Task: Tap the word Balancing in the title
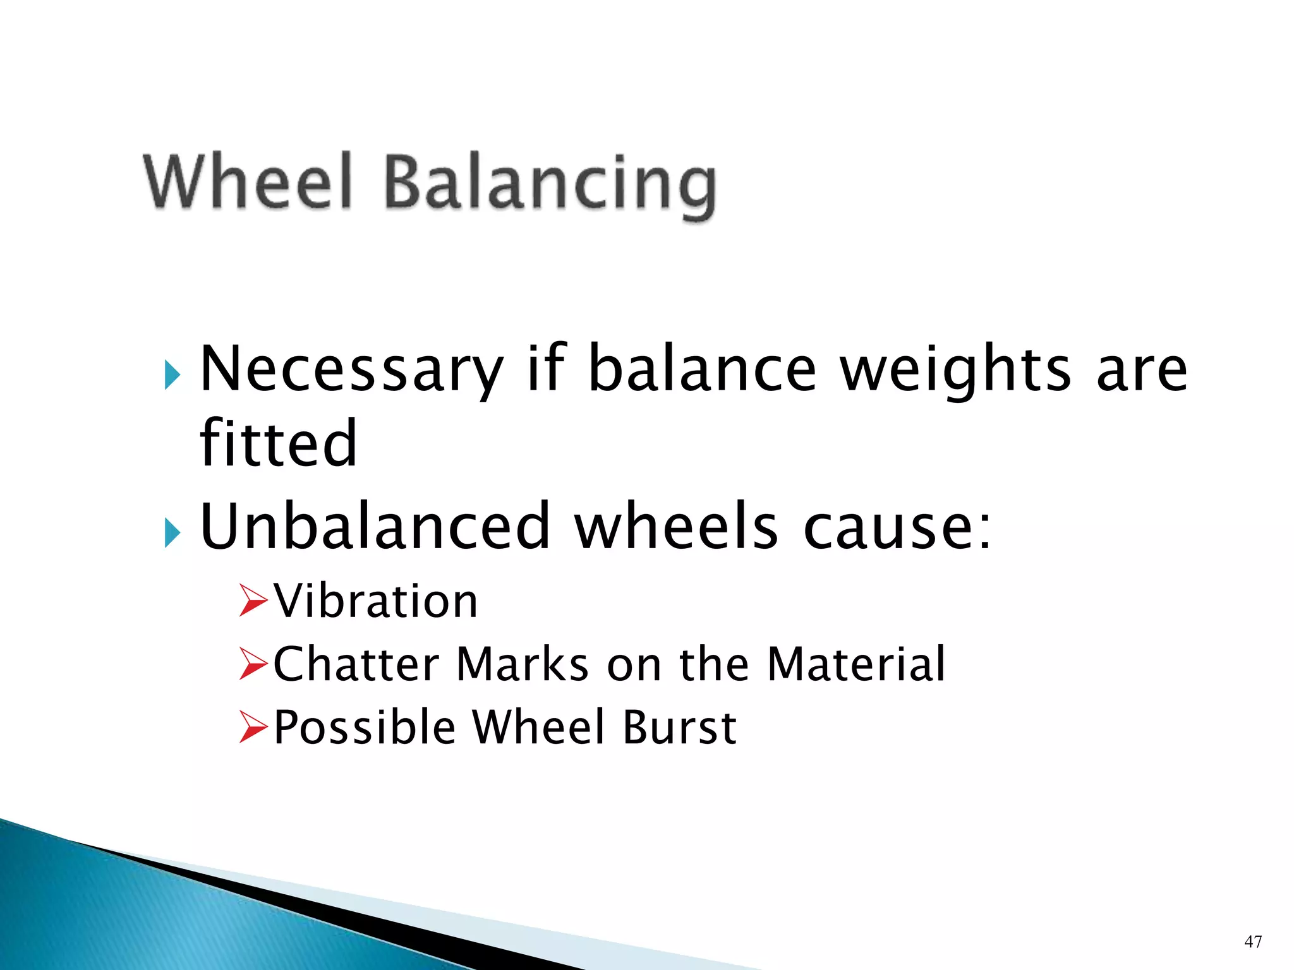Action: (x=550, y=184)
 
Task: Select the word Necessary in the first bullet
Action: (x=351, y=369)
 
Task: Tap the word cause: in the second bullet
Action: (x=897, y=527)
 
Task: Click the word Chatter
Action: (x=356, y=664)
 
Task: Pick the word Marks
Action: (x=523, y=664)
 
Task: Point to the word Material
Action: (x=856, y=664)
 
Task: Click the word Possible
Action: (x=365, y=727)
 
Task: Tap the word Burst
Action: (x=680, y=727)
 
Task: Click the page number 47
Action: (x=1253, y=942)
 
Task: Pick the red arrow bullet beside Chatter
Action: (x=254, y=664)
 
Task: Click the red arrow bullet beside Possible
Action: (x=254, y=727)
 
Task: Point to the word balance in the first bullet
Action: (x=702, y=369)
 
